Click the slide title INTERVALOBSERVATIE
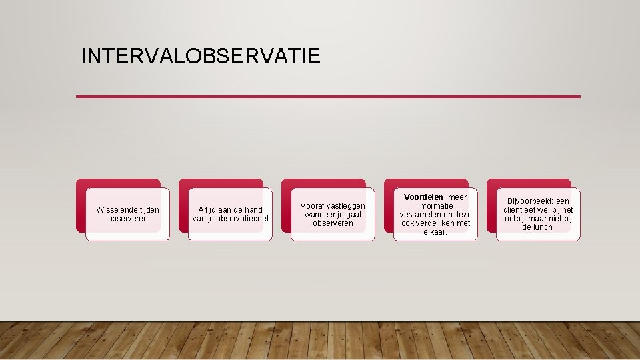[x=200, y=55]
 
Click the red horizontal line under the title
[x=328, y=97]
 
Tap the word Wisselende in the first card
[x=117, y=210]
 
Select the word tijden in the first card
[x=149, y=210]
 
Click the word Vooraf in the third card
[x=313, y=206]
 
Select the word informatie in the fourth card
[x=435, y=206]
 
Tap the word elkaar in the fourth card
[x=435, y=232]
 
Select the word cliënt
[x=514, y=210]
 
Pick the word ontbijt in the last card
[x=517, y=219]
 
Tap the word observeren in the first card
[x=127, y=219]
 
